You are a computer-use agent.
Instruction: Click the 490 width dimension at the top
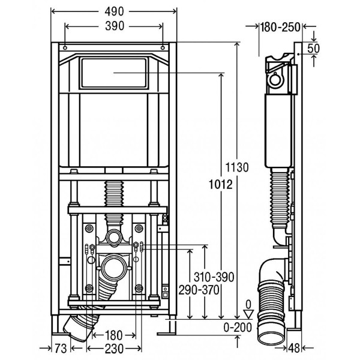[x=114, y=11]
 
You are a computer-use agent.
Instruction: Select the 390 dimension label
[x=115, y=26]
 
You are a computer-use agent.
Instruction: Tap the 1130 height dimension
[x=237, y=167]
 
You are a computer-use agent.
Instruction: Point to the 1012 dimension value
[x=221, y=184]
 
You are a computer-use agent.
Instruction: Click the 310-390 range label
[x=214, y=277]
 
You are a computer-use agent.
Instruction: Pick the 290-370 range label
[x=199, y=290]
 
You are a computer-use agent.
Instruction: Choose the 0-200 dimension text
[x=238, y=327]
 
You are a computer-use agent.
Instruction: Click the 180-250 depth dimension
[x=280, y=27]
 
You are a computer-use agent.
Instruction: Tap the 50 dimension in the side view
[x=313, y=49]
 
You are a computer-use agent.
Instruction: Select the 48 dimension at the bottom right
[x=293, y=348]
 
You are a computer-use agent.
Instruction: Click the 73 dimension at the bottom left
[x=61, y=349]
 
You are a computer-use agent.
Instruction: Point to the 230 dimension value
[x=114, y=349]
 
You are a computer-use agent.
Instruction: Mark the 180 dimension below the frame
[x=113, y=335]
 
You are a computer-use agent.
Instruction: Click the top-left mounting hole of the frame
[x=65, y=48]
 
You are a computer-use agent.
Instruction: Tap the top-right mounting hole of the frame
[x=163, y=48]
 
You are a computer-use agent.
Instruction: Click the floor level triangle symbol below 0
[x=248, y=314]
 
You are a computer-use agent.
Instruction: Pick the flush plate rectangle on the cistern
[x=113, y=73]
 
